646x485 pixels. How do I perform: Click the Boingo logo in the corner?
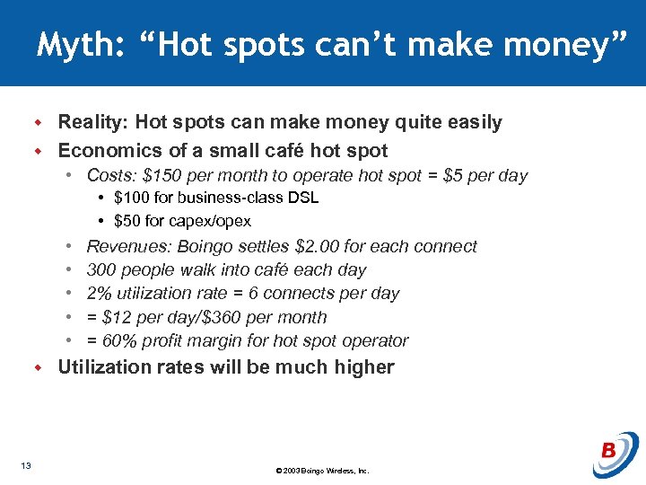(615, 454)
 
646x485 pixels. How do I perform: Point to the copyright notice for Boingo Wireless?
(323, 471)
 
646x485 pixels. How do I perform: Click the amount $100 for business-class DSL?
(130, 198)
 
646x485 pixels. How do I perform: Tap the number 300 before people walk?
(101, 269)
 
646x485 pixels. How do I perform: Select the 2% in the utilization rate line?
(99, 293)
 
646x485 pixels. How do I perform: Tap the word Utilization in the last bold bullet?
(104, 366)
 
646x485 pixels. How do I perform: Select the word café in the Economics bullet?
(288, 150)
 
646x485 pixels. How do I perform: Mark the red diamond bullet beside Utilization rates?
(39, 367)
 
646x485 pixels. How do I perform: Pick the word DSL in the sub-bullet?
(303, 198)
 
